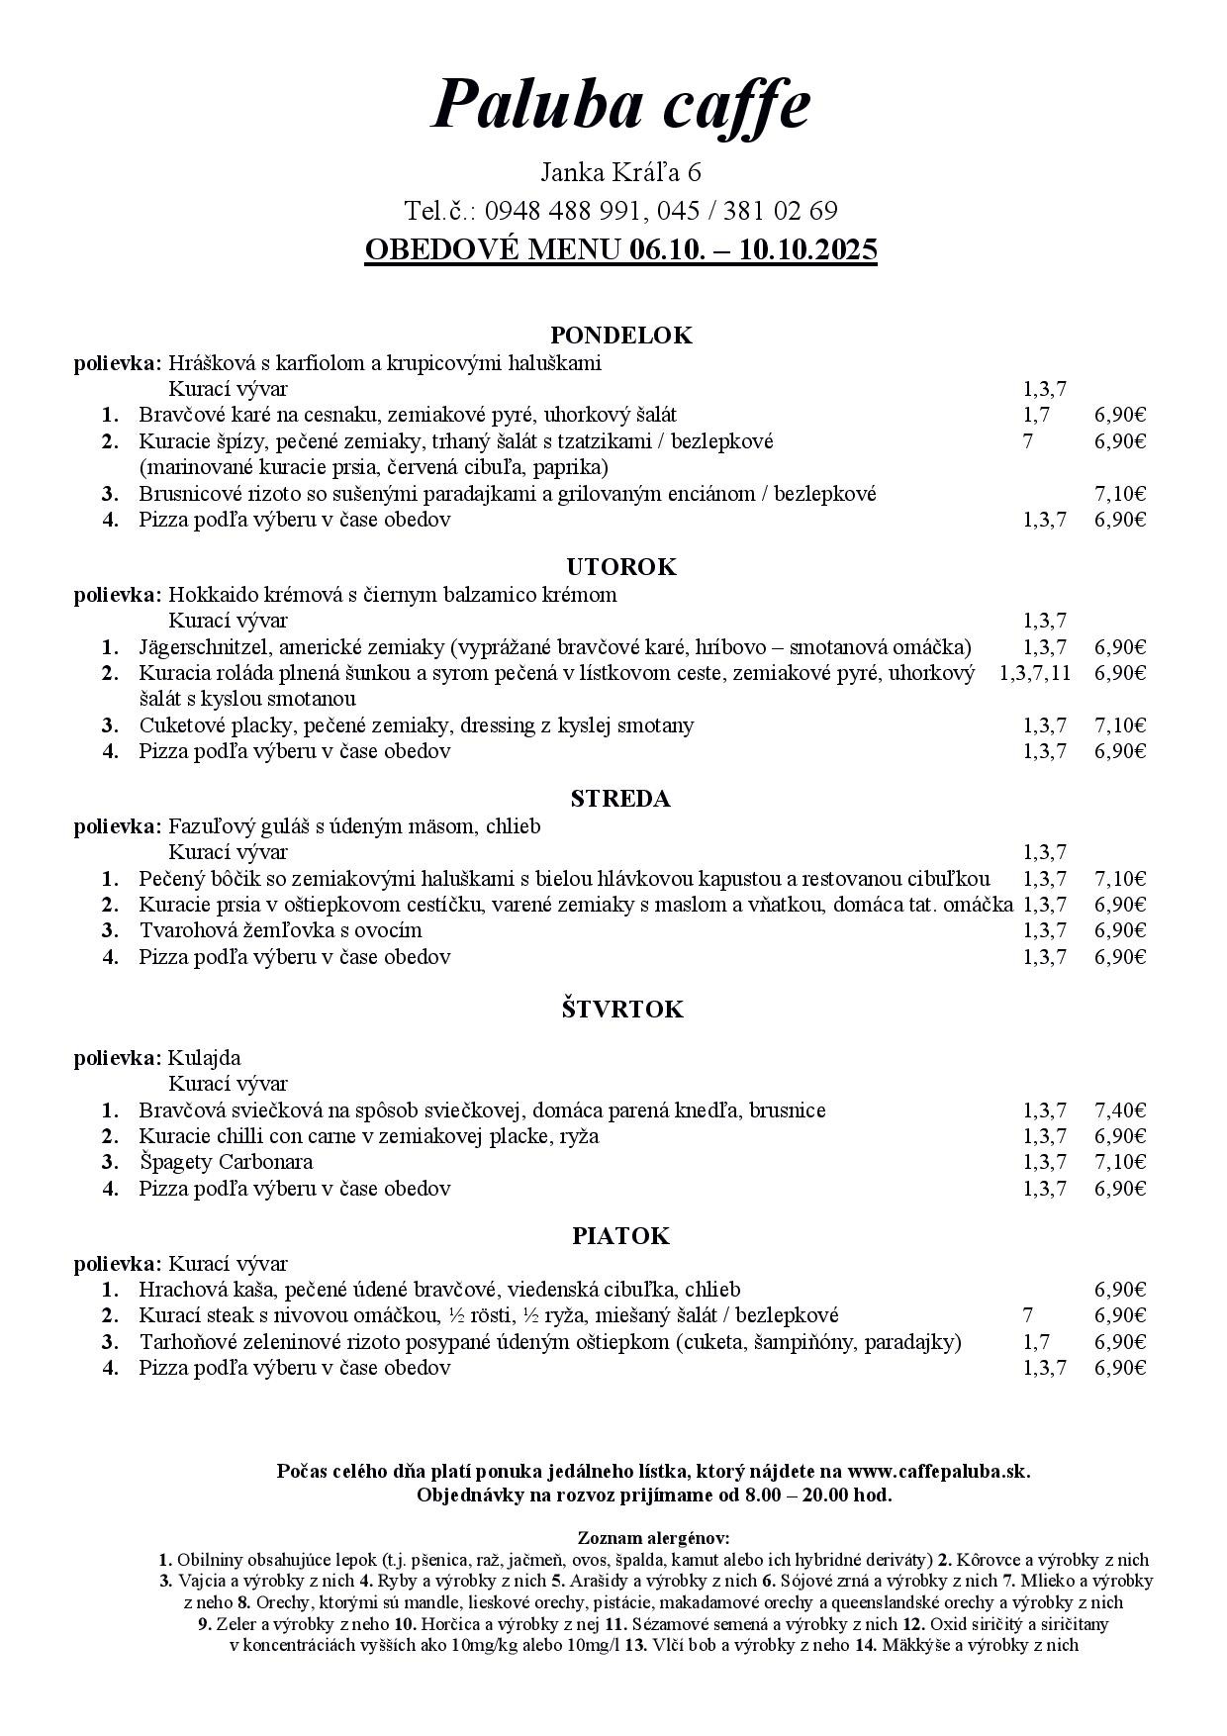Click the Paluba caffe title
620,104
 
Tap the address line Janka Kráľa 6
620,172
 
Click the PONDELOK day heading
620,336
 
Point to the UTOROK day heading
620,567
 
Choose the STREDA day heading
620,799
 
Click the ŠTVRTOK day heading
620,1010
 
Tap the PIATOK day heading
620,1236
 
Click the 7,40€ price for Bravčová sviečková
1120,1110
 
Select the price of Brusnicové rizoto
1120,493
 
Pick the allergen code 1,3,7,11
1035,673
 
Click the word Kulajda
205,1058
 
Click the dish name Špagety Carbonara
226,1162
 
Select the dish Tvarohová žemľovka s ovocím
280,930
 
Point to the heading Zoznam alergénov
653,1538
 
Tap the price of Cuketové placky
1120,725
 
